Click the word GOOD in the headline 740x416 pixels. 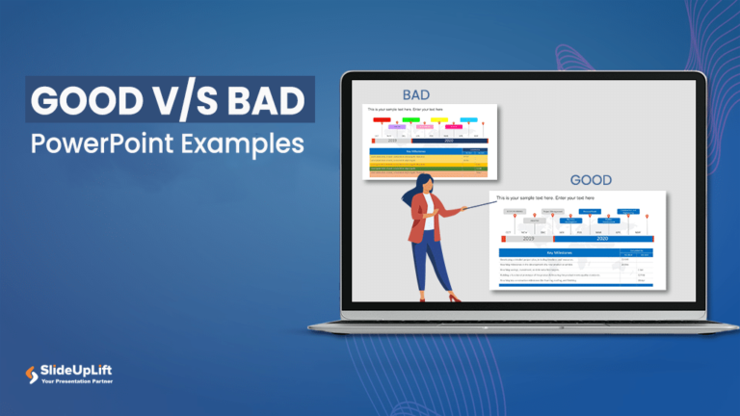[81, 99]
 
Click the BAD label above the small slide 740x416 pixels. [415, 95]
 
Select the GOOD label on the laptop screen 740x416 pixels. [591, 180]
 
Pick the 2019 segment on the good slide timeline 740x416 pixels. [528, 238]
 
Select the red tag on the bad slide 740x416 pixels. [383, 120]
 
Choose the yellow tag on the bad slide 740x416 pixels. [439, 120]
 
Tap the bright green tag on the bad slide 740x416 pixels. [411, 120]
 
